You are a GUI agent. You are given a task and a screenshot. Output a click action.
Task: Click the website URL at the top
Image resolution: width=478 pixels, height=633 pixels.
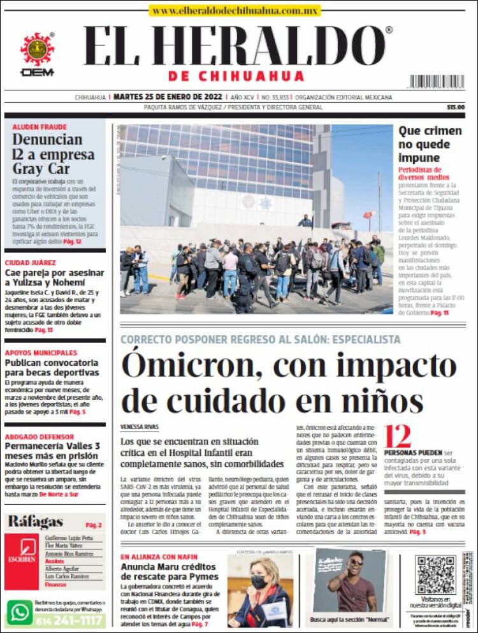[x=235, y=11]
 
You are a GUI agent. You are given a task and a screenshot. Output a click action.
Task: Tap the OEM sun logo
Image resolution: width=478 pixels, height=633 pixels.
[x=38, y=49]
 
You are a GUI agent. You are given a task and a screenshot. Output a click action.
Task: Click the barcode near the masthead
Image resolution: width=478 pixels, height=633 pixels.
[x=437, y=82]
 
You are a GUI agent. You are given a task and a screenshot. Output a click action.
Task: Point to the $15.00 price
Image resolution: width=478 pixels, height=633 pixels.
[x=456, y=107]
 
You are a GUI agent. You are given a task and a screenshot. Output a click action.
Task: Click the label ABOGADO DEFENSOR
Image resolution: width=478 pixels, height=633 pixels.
[x=39, y=437]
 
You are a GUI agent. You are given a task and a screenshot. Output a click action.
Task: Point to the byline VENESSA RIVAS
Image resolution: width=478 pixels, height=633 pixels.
[x=140, y=426]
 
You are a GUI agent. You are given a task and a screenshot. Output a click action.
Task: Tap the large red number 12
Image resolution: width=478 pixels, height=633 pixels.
[x=398, y=438]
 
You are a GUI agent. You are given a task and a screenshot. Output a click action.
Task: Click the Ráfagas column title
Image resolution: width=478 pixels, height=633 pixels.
[x=35, y=522]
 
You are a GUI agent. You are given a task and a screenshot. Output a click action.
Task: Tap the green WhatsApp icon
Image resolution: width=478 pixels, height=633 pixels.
[x=20, y=613]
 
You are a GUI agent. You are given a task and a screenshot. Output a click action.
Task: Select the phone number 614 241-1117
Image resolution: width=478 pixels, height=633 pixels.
[x=71, y=620]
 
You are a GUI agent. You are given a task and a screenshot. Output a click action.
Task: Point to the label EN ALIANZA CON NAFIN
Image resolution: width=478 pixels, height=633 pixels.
[x=159, y=557]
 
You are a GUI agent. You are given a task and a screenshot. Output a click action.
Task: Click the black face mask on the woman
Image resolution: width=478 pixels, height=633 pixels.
[x=259, y=582]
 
